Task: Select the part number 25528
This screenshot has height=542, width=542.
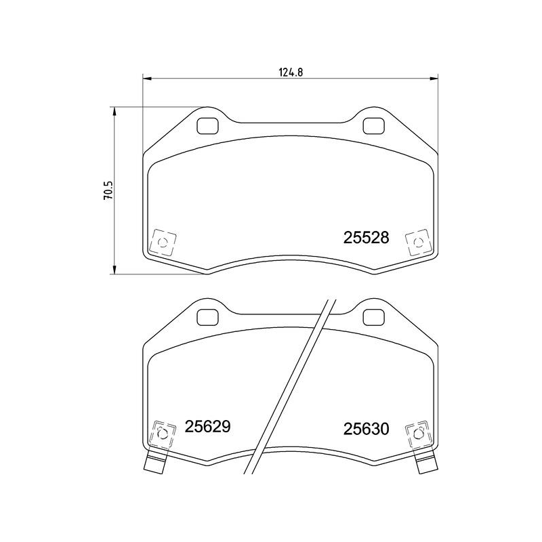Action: click(366, 238)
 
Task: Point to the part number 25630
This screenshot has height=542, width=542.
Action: click(365, 429)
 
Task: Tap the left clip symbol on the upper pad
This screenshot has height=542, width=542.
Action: click(163, 242)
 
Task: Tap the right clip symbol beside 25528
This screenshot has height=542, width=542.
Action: click(415, 242)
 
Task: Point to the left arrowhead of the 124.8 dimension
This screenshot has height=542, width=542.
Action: click(147, 79)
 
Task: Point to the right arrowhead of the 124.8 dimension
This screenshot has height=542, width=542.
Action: click(433, 79)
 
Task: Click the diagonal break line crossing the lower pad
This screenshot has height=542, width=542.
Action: click(292, 386)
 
